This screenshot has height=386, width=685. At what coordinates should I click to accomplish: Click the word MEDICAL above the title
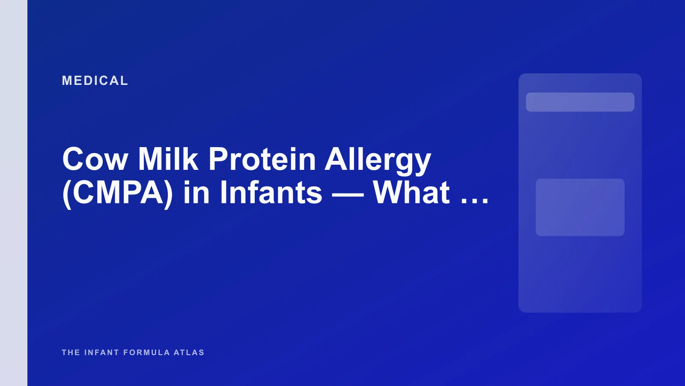95,81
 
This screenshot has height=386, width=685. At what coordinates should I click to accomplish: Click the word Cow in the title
95,160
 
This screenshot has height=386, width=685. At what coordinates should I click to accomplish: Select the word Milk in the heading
168,160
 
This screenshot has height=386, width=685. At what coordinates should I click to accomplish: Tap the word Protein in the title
262,160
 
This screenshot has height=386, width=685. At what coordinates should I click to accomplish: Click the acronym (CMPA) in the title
118,193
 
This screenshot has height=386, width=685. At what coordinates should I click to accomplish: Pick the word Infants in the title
271,193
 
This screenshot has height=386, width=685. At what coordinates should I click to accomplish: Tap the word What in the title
411,193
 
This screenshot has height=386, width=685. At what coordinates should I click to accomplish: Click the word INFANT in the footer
101,353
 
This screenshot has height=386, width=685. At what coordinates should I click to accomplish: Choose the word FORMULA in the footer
146,353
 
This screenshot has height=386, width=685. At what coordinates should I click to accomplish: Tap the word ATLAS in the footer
189,353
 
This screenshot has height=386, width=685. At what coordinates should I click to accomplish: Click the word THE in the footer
71,353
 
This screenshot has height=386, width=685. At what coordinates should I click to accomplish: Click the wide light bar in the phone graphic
580,102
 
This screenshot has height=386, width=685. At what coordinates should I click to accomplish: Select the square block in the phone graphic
580,207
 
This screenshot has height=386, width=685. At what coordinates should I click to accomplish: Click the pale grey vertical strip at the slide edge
14,193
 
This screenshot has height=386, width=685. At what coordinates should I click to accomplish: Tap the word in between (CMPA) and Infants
196,193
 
